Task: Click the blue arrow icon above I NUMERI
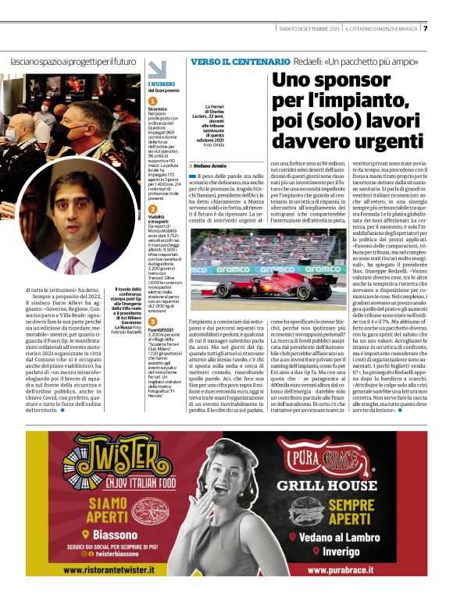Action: (x=157, y=69)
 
